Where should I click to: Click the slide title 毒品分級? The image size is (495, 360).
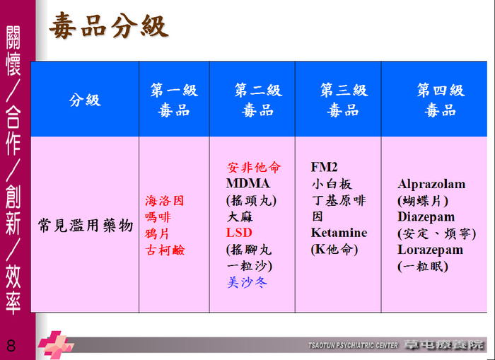pyautogui.click(x=109, y=25)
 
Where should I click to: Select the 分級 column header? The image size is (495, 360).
pyautogui.click(x=85, y=100)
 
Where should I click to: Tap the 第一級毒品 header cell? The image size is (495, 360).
pyautogui.click(x=174, y=100)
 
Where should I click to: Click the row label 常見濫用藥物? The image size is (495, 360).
pyautogui.click(x=86, y=226)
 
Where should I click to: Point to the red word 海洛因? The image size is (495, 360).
pyautogui.click(x=165, y=201)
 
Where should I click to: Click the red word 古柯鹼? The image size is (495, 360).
pyautogui.click(x=165, y=250)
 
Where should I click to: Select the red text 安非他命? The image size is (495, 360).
pyautogui.click(x=253, y=167)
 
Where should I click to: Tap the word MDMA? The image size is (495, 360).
pyautogui.click(x=248, y=183)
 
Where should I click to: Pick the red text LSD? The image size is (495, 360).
pyautogui.click(x=239, y=233)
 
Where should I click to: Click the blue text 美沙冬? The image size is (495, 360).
pyautogui.click(x=248, y=282)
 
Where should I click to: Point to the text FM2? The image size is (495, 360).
pyautogui.click(x=324, y=167)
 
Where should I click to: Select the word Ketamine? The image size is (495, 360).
pyautogui.click(x=339, y=233)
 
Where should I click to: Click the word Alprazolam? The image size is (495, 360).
pyautogui.click(x=431, y=184)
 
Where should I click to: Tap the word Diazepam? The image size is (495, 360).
pyautogui.click(x=426, y=217)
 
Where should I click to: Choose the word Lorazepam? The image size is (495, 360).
pyautogui.click(x=430, y=250)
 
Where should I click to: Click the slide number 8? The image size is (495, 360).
pyautogui.click(x=11, y=346)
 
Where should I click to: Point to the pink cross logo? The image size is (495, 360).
pyautogui.click(x=56, y=344)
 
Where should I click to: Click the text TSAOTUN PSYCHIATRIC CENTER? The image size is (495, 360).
pyautogui.click(x=354, y=345)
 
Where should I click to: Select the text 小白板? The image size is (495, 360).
pyautogui.click(x=332, y=184)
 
